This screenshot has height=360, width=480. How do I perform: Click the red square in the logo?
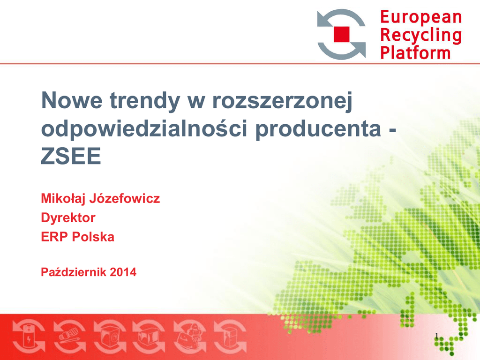click(341, 34)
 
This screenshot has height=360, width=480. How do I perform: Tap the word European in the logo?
click(421, 17)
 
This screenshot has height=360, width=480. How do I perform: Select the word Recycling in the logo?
click(421, 36)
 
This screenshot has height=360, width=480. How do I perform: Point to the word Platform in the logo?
click(415, 52)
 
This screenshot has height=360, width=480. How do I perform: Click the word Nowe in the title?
click(72, 100)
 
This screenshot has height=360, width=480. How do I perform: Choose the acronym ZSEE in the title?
click(71, 156)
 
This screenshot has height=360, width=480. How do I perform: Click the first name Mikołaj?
click(63, 199)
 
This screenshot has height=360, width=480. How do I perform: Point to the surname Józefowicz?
click(124, 198)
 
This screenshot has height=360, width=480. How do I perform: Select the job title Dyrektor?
click(68, 218)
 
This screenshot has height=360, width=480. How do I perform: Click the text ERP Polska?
click(77, 237)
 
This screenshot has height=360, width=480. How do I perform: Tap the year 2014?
click(123, 272)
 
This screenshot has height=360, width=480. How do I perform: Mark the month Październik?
click(74, 272)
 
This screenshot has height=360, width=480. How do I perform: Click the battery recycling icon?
click(29, 337)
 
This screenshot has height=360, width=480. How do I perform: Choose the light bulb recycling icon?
click(70, 337)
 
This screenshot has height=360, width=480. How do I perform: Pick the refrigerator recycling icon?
click(230, 337)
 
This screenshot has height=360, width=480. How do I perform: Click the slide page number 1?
click(437, 336)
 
